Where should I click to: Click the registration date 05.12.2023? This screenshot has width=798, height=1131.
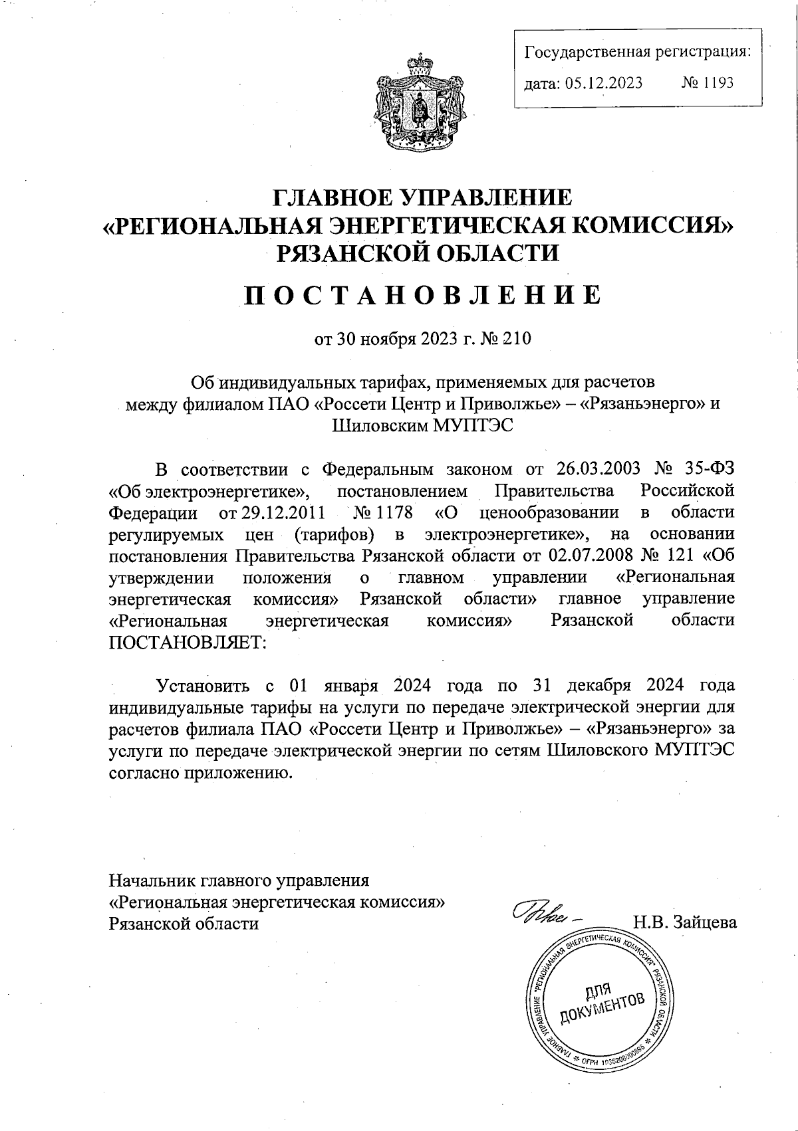pyautogui.click(x=604, y=83)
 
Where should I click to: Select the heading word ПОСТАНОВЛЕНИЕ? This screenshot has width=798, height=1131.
pyautogui.click(x=422, y=295)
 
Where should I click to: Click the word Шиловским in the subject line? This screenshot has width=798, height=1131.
pyautogui.click(x=377, y=426)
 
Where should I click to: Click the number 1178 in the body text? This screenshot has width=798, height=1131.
pyautogui.click(x=393, y=512)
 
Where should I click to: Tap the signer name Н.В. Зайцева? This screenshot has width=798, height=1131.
pyautogui.click(x=685, y=922)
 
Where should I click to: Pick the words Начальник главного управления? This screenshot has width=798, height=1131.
pyautogui.click(x=239, y=880)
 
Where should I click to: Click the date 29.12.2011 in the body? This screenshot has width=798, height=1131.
pyautogui.click(x=267, y=512)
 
